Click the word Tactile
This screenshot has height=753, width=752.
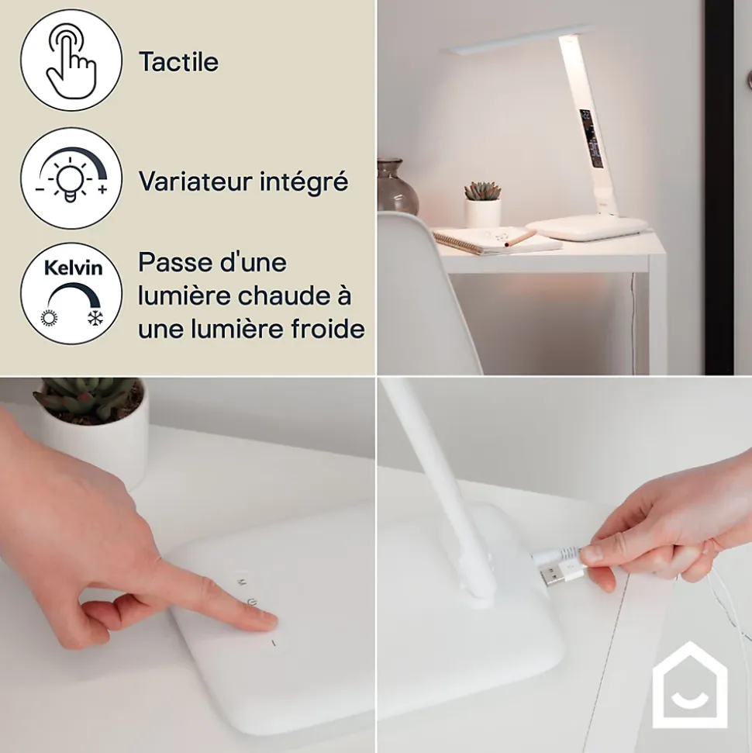(178, 62)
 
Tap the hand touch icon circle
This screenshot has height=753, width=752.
(71, 60)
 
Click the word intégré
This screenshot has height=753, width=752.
(304, 182)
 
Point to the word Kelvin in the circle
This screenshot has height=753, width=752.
(73, 268)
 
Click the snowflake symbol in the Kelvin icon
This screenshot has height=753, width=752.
(95, 318)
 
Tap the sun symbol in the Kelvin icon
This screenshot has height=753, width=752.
(49, 318)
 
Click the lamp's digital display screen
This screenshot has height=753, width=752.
(591, 138)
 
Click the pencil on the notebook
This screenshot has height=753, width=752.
(521, 239)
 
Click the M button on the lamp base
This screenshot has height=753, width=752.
(242, 582)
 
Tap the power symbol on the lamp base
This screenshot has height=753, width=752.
(251, 602)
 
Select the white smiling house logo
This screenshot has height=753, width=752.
(689, 684)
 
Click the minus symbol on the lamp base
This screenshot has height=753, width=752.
(274, 643)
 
